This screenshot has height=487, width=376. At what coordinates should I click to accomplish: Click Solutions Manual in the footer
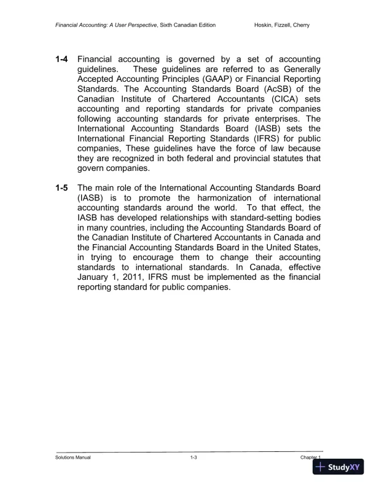[73, 458]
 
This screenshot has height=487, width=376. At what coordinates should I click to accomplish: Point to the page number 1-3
[194, 458]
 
